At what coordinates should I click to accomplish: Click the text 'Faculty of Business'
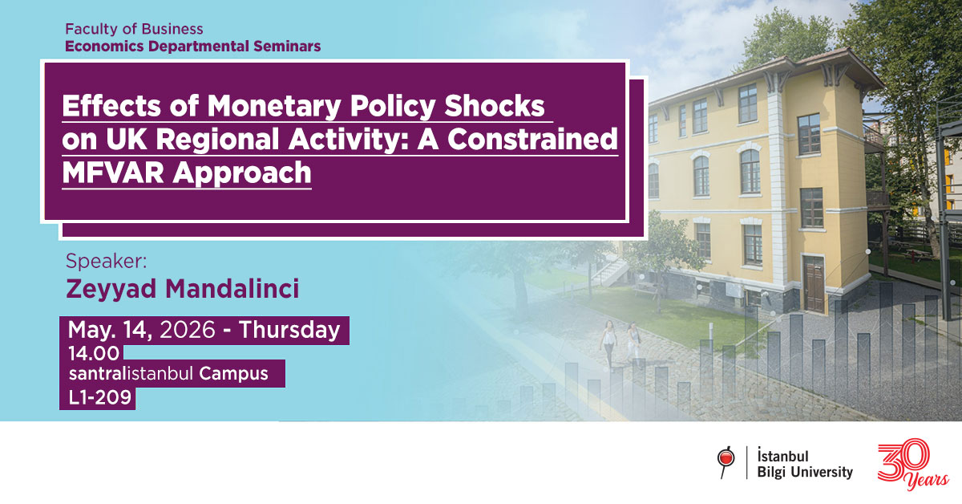point(135,30)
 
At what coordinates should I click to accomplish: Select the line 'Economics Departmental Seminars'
point(192,46)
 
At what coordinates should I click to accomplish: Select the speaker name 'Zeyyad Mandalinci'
point(183,289)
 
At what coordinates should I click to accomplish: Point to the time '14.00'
point(94,353)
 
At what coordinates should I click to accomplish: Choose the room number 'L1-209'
point(99,396)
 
